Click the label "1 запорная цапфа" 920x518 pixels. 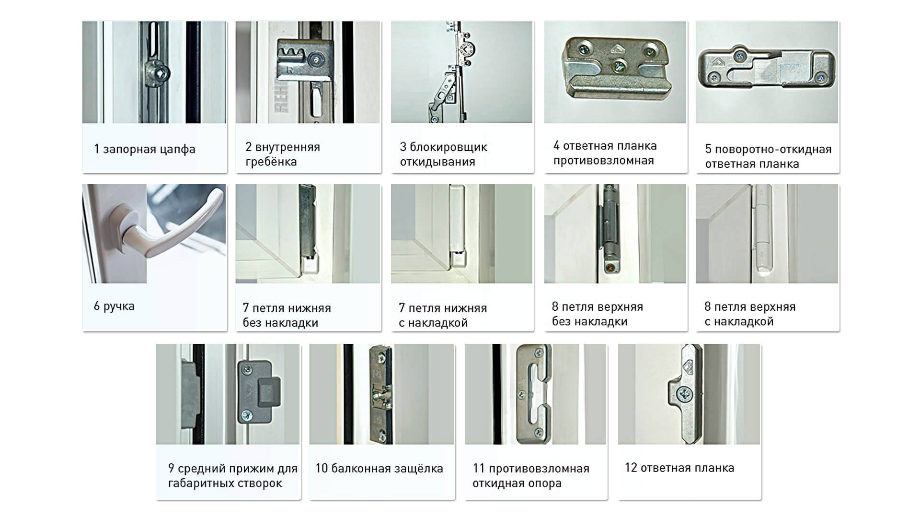pyautogui.click(x=145, y=149)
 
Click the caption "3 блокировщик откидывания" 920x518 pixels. pyautogui.click(x=443, y=154)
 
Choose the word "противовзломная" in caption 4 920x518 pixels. pyautogui.click(x=604, y=160)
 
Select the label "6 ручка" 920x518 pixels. pyautogui.click(x=114, y=306)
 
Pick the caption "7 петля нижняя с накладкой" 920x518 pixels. pyautogui.click(x=443, y=315)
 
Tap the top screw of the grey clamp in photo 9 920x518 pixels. pyautogui.click(x=248, y=369)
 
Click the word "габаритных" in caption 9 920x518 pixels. pyautogui.click(x=200, y=483)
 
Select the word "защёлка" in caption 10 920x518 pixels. pyautogui.click(x=419, y=469)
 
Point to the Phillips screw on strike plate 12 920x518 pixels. pyautogui.click(x=684, y=395)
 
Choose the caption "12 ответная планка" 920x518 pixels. pyautogui.click(x=679, y=468)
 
